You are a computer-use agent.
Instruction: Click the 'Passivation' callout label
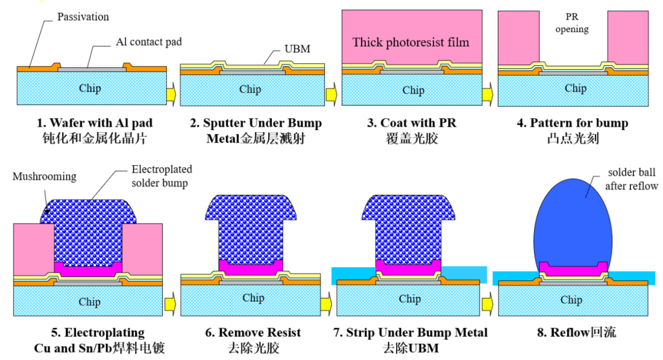[x=83, y=17]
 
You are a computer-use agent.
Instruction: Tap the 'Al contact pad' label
[x=149, y=42]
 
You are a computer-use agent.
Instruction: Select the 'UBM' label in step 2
[x=298, y=49]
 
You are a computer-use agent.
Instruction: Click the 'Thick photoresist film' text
[x=411, y=42]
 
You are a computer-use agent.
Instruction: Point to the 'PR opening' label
[x=572, y=23]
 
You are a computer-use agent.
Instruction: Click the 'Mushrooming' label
[x=44, y=176]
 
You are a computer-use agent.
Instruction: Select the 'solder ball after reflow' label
[x=632, y=179]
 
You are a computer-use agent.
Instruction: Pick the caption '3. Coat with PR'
[x=412, y=123]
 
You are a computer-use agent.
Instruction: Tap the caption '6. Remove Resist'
[x=253, y=333]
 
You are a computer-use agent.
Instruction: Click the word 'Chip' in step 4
[x=575, y=88]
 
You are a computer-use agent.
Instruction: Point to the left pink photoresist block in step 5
[x=33, y=249]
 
